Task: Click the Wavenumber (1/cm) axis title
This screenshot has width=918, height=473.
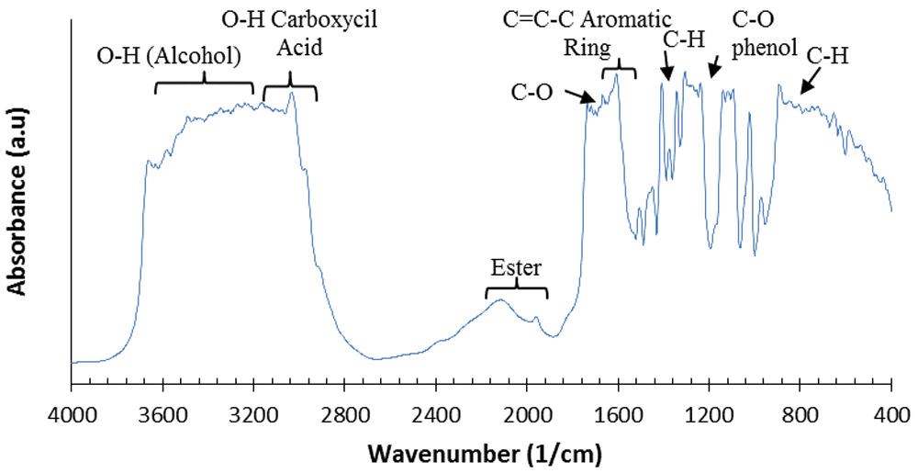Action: (x=485, y=453)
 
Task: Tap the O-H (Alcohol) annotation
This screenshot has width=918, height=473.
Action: (x=169, y=56)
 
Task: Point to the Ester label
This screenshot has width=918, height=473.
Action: (x=516, y=269)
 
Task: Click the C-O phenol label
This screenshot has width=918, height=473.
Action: (x=764, y=34)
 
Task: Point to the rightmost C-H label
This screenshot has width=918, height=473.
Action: (x=827, y=56)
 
